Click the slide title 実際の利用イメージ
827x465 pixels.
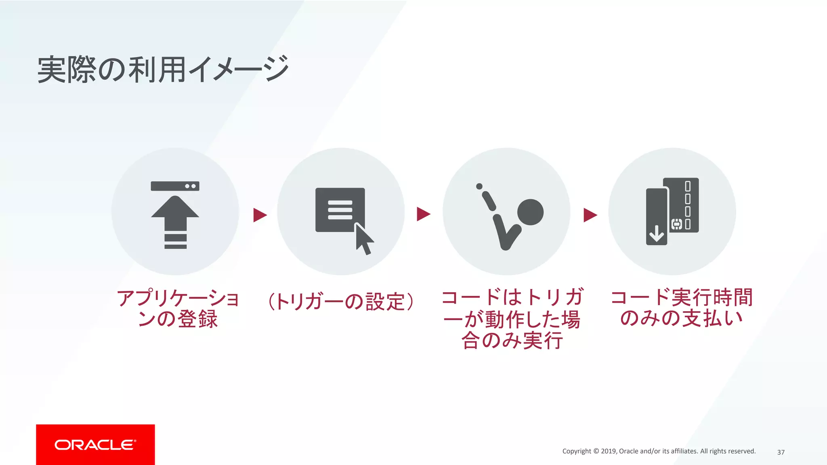pos(163,70)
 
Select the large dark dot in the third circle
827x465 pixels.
pos(530,212)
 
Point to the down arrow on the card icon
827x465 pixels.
pos(657,233)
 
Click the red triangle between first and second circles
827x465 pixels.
pos(260,215)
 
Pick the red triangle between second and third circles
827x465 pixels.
pos(423,214)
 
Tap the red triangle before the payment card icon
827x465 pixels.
pos(590,215)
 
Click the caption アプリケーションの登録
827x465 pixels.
pos(178,308)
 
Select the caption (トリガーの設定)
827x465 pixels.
pos(341,301)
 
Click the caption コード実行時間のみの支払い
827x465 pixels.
pos(682,308)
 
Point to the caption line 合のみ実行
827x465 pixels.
pos(512,340)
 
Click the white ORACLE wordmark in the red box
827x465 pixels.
pos(95,445)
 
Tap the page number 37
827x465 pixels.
pos(781,452)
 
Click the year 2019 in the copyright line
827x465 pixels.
pos(609,451)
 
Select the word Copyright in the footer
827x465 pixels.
pos(577,451)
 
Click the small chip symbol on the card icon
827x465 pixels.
pos(676,224)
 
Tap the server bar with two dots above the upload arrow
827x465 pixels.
pos(175,186)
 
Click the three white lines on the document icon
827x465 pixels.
pos(340,210)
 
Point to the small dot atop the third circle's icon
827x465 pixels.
pos(479,186)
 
